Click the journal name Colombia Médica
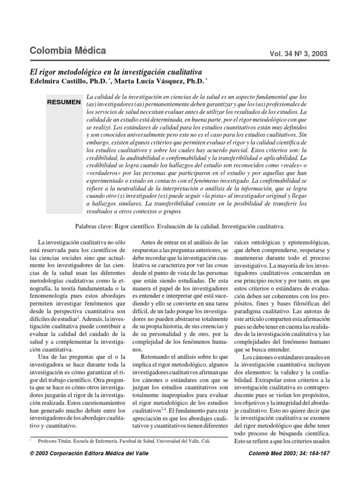[67, 51]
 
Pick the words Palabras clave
[92, 226]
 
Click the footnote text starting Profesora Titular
[56, 441]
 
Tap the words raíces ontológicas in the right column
[261, 242]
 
